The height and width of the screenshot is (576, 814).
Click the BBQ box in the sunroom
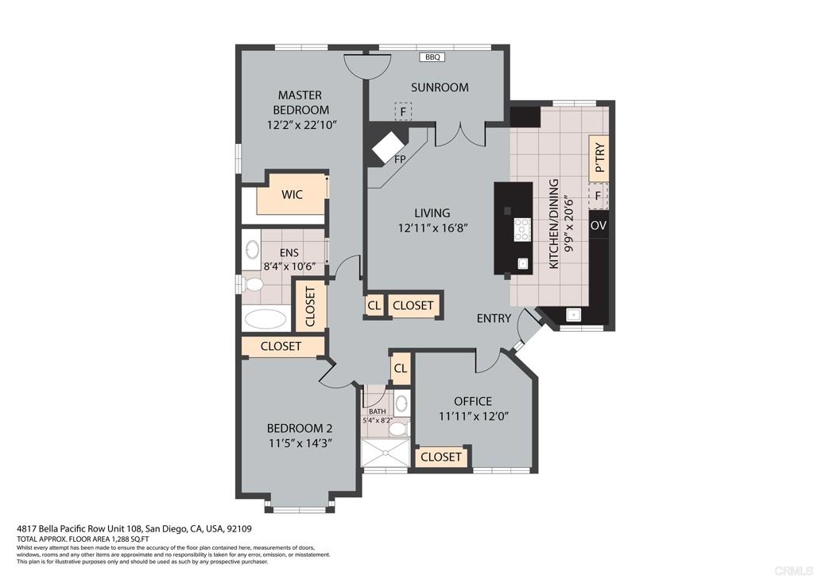point(432,57)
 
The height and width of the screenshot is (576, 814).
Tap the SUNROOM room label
point(440,88)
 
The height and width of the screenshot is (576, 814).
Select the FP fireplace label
point(400,159)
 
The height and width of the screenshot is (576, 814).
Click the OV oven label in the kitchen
point(599,225)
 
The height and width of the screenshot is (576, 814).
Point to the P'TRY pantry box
point(599,158)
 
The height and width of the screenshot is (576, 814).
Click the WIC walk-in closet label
point(292,195)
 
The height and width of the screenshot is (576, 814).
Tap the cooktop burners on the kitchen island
point(522,229)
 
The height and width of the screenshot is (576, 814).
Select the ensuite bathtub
point(266,318)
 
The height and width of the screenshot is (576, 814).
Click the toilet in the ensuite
point(253,284)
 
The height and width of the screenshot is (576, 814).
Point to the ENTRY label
point(494,318)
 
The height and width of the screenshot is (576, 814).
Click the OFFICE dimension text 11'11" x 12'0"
point(473,416)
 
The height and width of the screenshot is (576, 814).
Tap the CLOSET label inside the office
point(441,457)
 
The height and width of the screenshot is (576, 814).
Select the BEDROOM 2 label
point(300,429)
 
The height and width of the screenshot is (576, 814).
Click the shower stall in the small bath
point(386,453)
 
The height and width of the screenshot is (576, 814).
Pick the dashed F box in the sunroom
point(403,111)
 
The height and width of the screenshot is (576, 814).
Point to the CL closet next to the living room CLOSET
point(374,306)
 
